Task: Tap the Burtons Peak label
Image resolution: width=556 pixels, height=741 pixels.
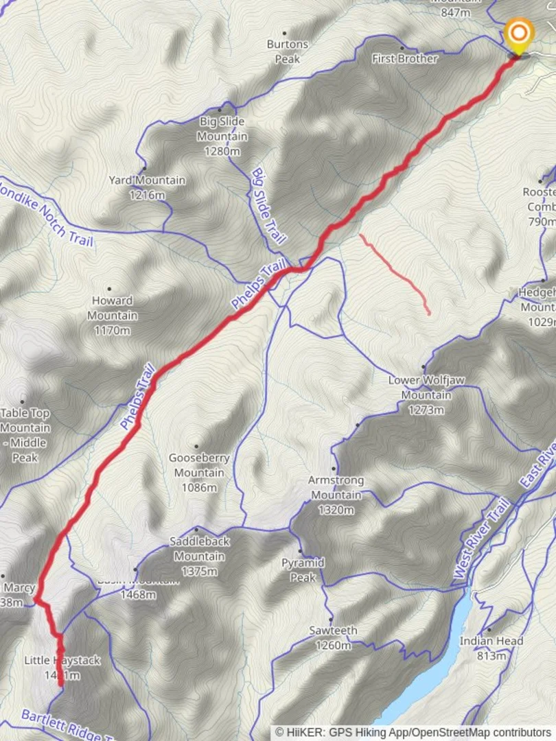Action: pyautogui.click(x=288, y=51)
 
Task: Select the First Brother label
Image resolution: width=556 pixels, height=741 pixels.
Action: pyautogui.click(x=404, y=59)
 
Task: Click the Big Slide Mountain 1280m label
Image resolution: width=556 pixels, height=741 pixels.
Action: pyautogui.click(x=222, y=137)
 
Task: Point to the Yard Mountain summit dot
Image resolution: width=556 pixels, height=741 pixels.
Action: pyautogui.click(x=144, y=168)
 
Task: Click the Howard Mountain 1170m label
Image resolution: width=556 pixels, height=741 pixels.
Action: pyautogui.click(x=112, y=316)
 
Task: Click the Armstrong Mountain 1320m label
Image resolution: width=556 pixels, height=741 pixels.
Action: pyautogui.click(x=336, y=495)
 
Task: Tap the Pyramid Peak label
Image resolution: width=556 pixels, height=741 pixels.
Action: pyautogui.click(x=303, y=569)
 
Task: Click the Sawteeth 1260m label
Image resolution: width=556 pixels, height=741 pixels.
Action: pyautogui.click(x=333, y=637)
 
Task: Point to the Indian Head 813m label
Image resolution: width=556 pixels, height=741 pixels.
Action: pyautogui.click(x=491, y=648)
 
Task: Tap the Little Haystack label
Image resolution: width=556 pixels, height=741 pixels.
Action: pyautogui.click(x=62, y=668)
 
